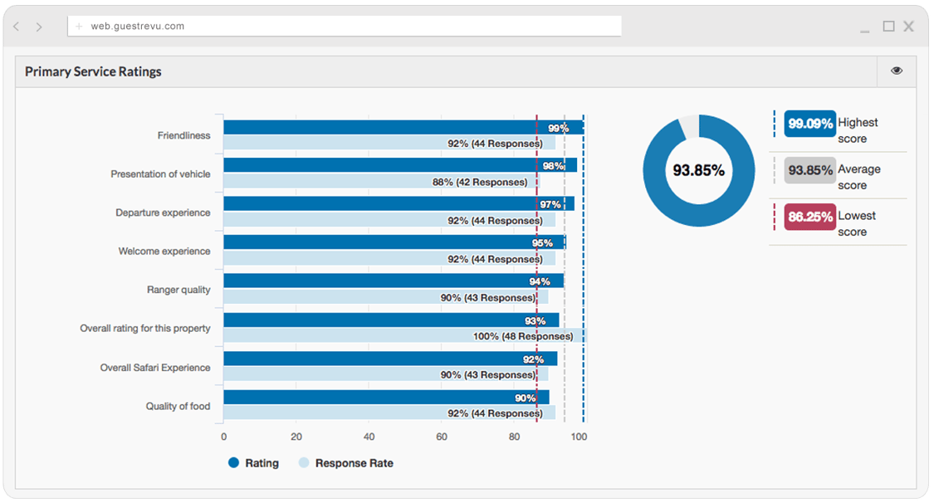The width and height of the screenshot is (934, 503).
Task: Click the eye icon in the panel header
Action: (x=896, y=71)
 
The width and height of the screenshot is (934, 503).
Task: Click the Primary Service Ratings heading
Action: (x=93, y=72)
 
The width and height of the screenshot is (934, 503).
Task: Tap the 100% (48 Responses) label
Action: (x=523, y=336)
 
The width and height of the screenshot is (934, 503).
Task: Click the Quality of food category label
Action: (x=178, y=407)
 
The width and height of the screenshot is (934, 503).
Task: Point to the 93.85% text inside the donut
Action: (x=698, y=170)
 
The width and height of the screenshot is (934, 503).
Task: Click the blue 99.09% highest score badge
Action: (x=809, y=124)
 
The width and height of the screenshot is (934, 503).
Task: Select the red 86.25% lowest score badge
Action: (x=809, y=217)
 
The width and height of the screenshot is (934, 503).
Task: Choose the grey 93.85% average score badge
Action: (x=809, y=170)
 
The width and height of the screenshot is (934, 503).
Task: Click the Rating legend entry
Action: (x=254, y=463)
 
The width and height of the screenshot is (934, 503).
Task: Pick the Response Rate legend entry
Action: (x=345, y=463)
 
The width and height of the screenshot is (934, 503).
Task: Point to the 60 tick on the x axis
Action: (x=442, y=436)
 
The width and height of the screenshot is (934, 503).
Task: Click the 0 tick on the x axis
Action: (x=223, y=436)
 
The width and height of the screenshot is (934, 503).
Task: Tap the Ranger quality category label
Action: (x=178, y=290)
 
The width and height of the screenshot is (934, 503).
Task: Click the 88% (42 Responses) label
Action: (x=480, y=182)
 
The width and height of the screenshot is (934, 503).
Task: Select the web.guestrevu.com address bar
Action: (x=344, y=26)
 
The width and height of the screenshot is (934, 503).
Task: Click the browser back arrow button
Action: (x=17, y=27)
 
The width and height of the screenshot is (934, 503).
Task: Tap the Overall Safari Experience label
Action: (x=155, y=368)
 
